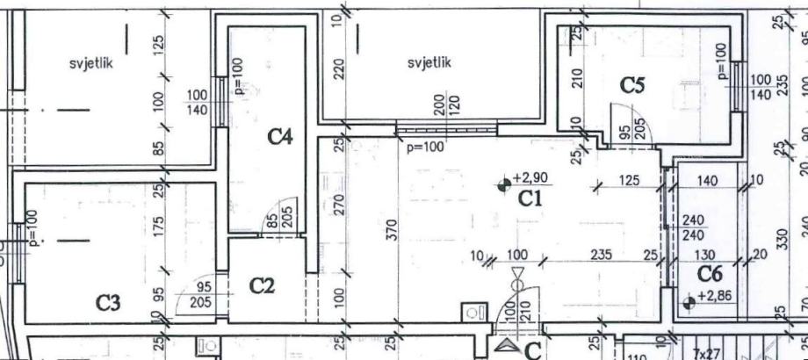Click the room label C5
tap(633, 85)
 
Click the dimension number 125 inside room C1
tap(629, 181)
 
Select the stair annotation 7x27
tap(706, 353)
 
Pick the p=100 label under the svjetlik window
tap(424, 148)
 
